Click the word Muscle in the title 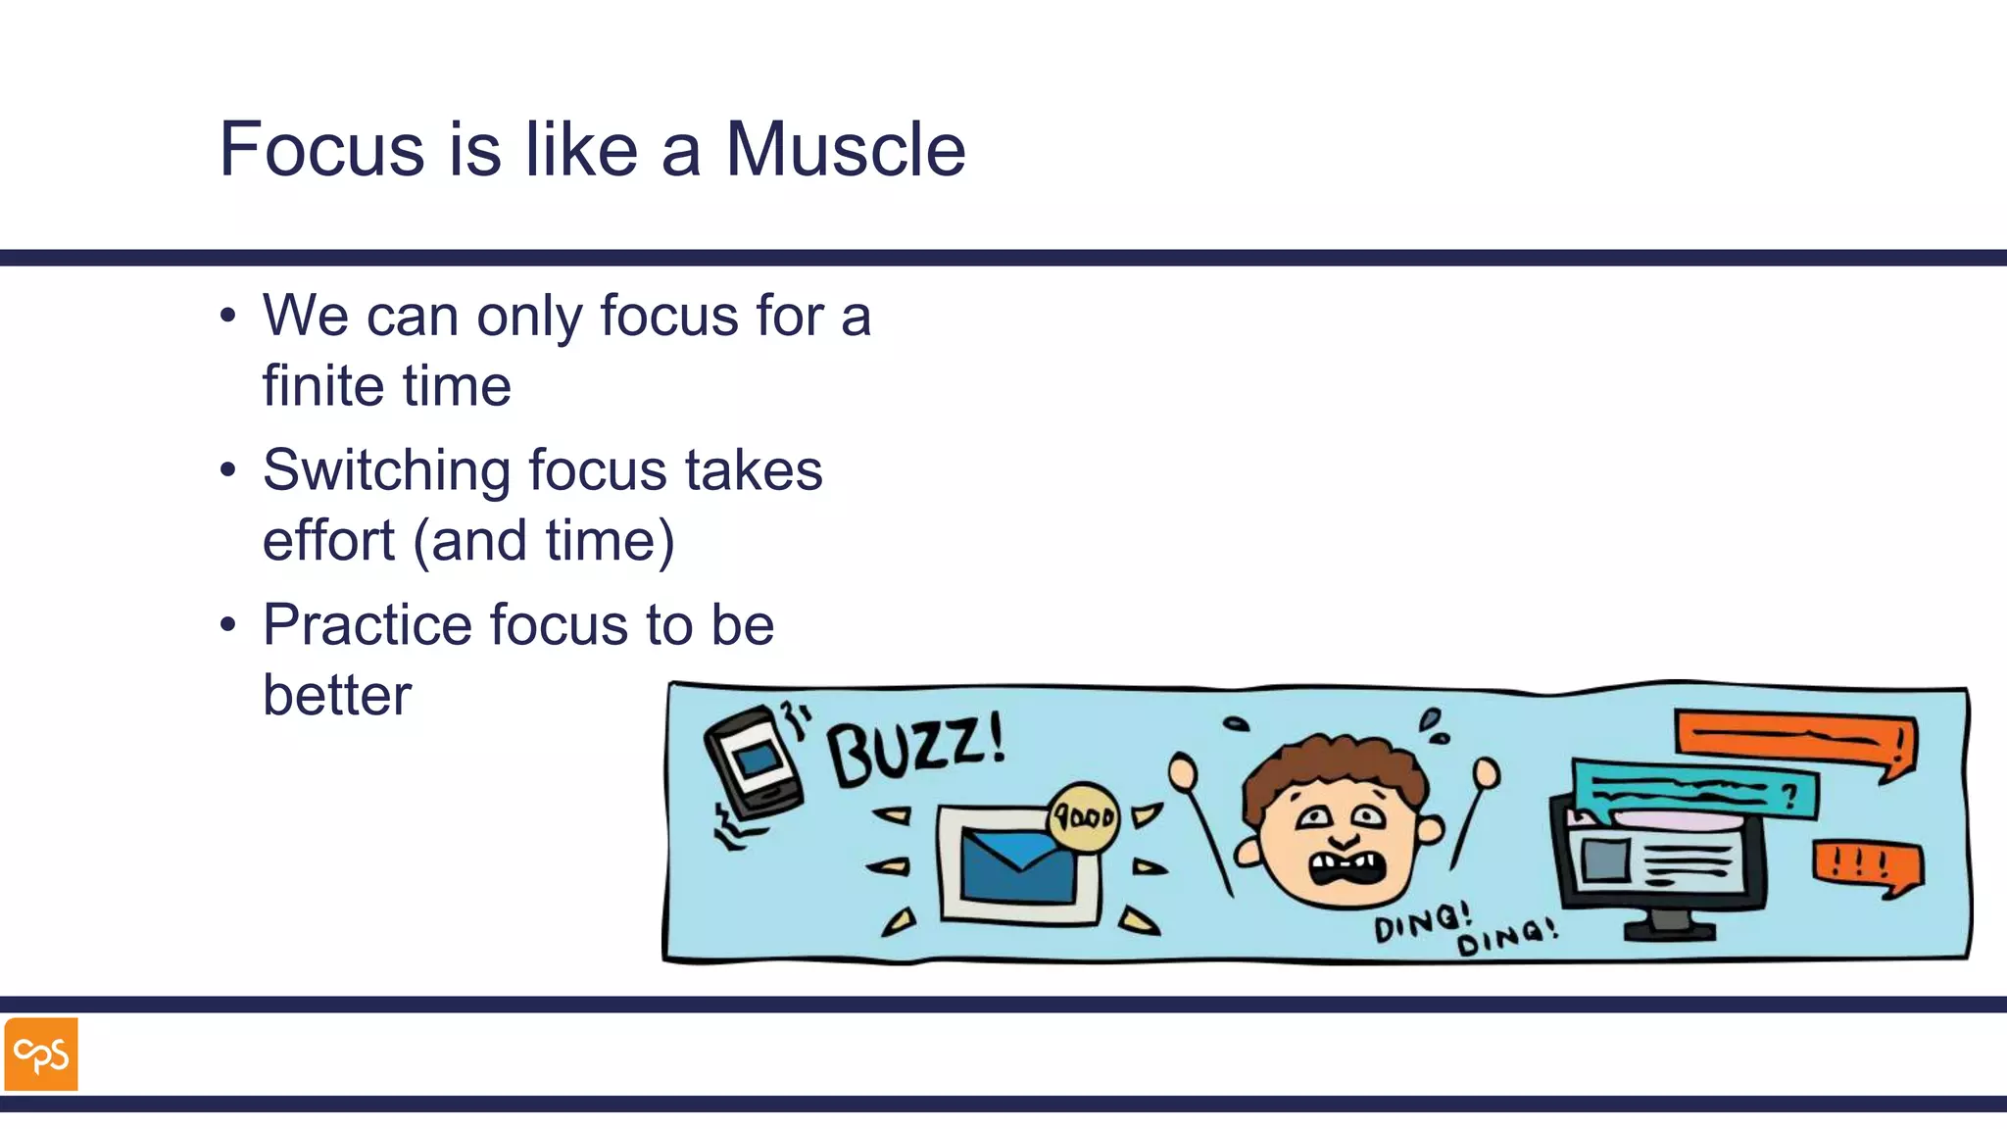point(844,150)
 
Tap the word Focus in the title point(321,150)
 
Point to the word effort point(328,540)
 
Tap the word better point(337,696)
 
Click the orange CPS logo point(41,1055)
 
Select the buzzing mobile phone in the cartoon point(754,763)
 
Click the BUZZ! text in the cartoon point(915,751)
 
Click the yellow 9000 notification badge point(1084,815)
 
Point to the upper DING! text point(1421,922)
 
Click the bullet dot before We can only point(228,317)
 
